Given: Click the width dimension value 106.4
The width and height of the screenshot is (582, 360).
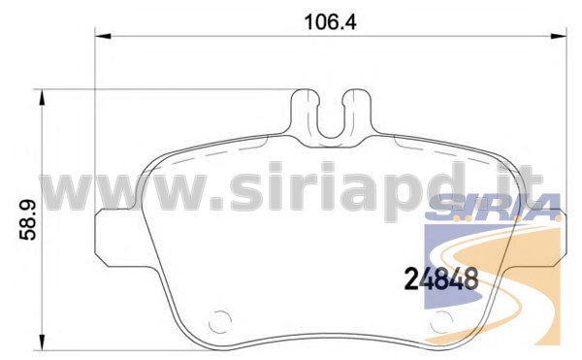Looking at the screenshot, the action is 331,22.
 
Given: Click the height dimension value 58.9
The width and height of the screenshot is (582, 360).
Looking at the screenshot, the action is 27,219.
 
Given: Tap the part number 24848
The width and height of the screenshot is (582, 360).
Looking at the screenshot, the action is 440,278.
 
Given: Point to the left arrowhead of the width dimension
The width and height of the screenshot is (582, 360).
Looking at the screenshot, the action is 103,36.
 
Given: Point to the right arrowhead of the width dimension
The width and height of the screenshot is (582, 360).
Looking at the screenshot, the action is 559,36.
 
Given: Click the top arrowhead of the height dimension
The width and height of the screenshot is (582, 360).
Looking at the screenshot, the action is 42,97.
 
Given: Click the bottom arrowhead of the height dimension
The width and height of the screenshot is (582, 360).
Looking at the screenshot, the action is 42,343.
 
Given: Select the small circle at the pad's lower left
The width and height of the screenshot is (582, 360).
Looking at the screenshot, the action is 220,321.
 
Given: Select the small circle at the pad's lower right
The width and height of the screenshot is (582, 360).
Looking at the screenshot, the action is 441,321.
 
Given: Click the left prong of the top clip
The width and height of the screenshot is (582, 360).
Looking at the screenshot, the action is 305,112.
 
